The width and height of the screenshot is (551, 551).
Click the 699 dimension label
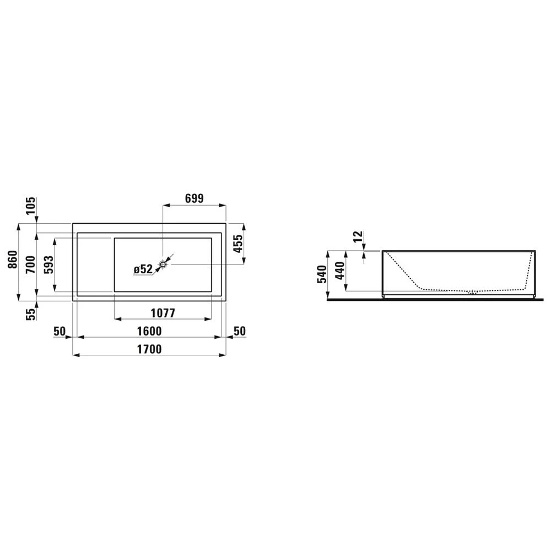(x=195, y=198)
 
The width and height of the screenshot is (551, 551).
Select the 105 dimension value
(x=31, y=206)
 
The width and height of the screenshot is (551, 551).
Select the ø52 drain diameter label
(x=143, y=269)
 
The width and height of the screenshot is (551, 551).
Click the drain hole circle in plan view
(x=163, y=264)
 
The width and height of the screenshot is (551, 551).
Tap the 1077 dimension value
(x=162, y=313)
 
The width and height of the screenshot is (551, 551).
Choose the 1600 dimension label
(x=149, y=331)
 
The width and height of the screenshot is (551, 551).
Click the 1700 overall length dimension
(x=149, y=349)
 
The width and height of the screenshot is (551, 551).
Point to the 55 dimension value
(x=31, y=314)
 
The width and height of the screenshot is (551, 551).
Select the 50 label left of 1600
(x=60, y=331)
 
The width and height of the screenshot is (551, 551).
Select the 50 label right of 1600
(x=239, y=331)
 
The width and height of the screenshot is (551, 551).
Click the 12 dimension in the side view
(x=358, y=237)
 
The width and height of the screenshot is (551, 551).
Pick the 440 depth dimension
(x=340, y=270)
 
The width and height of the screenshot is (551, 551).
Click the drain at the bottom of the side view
(x=472, y=293)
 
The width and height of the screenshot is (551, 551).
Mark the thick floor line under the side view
(x=435, y=300)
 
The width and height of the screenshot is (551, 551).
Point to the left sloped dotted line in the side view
(x=402, y=270)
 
